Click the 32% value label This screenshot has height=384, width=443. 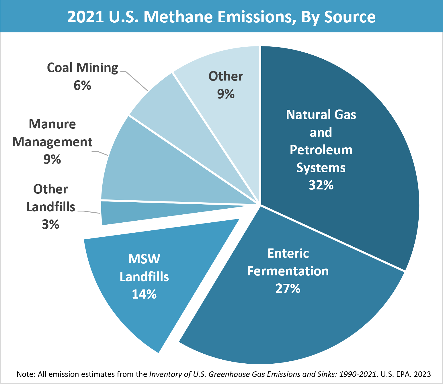(x=321, y=185)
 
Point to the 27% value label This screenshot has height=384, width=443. (x=288, y=288)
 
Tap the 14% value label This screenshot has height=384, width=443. (x=144, y=294)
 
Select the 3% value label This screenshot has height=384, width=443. (x=50, y=224)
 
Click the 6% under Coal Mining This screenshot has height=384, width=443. (x=82, y=85)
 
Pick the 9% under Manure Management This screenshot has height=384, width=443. (x=52, y=159)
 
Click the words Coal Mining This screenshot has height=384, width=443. (x=82, y=68)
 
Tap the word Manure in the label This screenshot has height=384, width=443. (x=52, y=124)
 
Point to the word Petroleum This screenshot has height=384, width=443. (x=321, y=150)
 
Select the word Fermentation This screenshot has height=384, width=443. (x=288, y=271)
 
